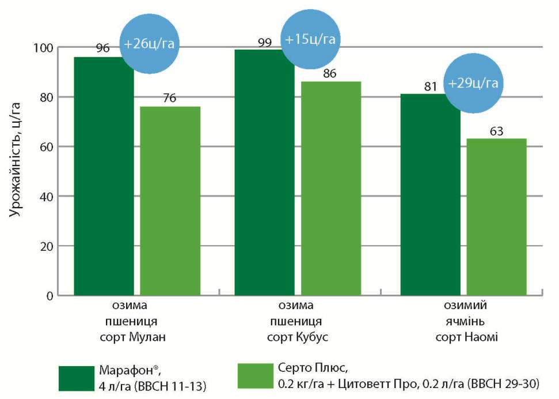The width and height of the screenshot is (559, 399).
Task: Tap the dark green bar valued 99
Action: coord(264,172)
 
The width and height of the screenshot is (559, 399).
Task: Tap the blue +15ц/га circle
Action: coord(310,40)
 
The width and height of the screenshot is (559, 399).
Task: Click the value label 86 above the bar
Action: coord(330,74)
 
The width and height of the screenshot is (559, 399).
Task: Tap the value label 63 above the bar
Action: coord(496,131)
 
